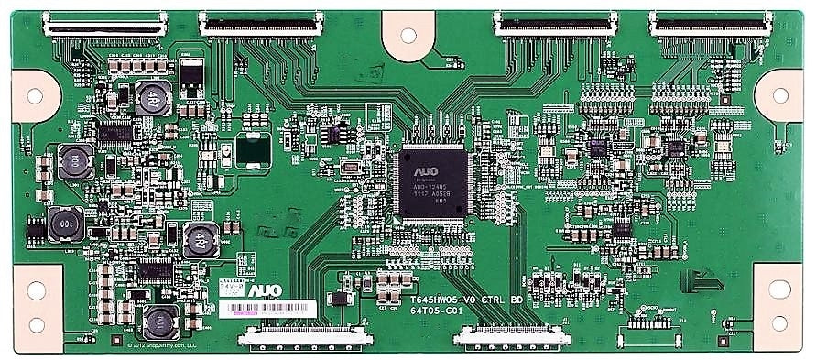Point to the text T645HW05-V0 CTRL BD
pyautogui.click(x=467, y=300)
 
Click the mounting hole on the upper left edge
pyautogui.click(x=35, y=94)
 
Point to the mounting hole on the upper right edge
pyautogui.click(x=781, y=94)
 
